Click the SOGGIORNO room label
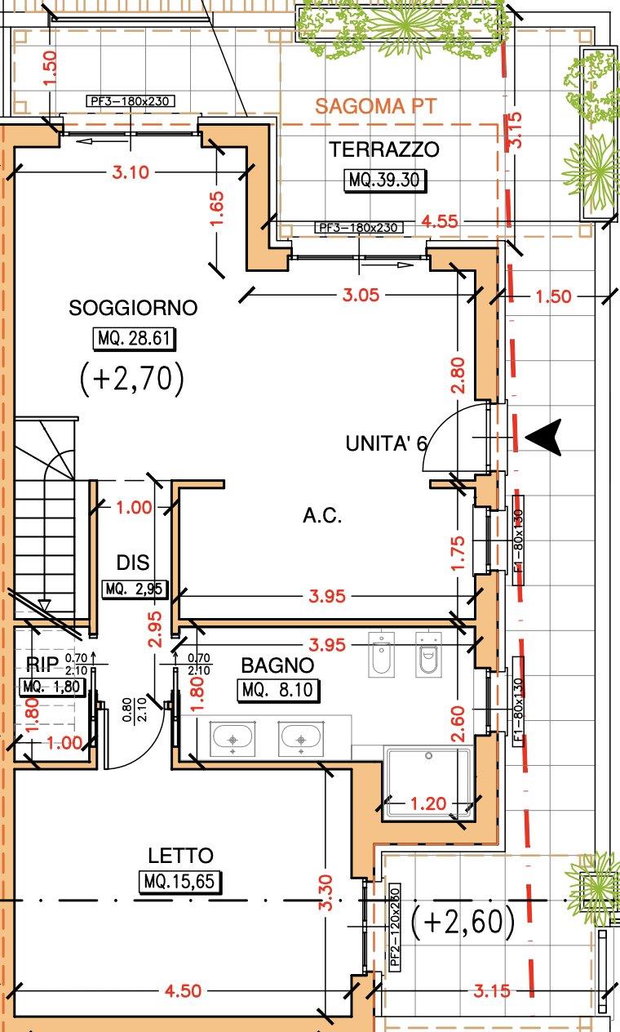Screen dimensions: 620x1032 click(133, 308)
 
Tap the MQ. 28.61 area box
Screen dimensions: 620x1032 click(135, 339)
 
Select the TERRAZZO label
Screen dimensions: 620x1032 click(384, 149)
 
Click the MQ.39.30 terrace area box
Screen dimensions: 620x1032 click(385, 180)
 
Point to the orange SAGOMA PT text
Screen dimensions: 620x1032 click(375, 106)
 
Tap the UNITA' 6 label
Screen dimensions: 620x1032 click(387, 443)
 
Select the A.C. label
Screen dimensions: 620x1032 click(322, 515)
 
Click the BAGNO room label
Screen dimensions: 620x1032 click(277, 665)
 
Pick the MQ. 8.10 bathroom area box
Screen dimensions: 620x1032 click(278, 690)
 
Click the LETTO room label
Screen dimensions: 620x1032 click(180, 856)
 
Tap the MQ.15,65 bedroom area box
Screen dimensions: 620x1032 click(179, 882)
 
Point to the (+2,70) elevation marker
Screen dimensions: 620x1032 click(132, 379)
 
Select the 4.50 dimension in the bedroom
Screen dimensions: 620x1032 click(184, 990)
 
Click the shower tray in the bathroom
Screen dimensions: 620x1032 click(428, 783)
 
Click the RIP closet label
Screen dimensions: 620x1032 click(42, 664)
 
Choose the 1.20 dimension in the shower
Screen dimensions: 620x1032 click(428, 804)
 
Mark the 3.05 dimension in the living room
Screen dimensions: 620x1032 click(361, 295)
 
